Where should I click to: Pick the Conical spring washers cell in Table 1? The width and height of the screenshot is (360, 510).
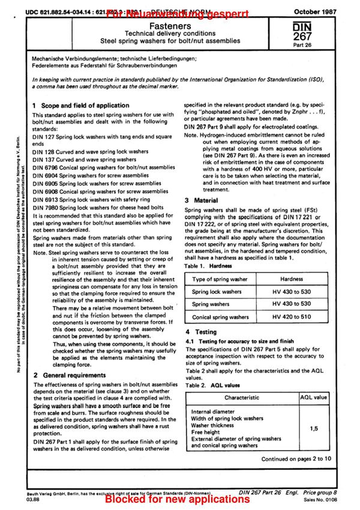(x=220, y=317)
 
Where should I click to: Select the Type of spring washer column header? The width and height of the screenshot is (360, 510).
(x=220, y=279)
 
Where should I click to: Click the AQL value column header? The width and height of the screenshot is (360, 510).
(x=313, y=397)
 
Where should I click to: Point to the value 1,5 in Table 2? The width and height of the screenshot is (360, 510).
(x=313, y=430)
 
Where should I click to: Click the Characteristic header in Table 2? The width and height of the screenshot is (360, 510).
(x=242, y=397)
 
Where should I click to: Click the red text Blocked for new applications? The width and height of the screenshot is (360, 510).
(x=177, y=499)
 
